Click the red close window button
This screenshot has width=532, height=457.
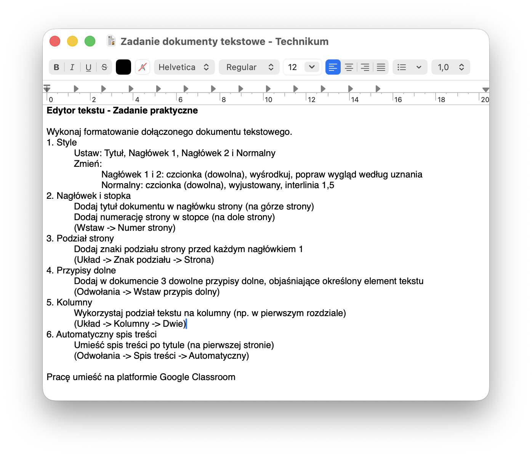pos(55,41)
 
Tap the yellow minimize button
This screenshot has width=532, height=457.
pos(72,41)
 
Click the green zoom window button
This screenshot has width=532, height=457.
pos(90,41)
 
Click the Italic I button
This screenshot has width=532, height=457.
pos(72,67)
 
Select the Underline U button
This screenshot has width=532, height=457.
pos(88,67)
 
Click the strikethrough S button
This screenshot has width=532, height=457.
pos(104,67)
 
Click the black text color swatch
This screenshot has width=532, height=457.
pos(123,67)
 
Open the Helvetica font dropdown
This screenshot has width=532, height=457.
pos(184,67)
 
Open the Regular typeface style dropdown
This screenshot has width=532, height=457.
pos(249,67)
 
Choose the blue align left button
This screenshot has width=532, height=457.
pos(333,67)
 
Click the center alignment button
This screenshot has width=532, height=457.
pos(349,67)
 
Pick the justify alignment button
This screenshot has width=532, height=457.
pos(381,67)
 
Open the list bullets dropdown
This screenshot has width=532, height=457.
pos(410,67)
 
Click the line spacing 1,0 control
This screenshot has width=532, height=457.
pos(451,67)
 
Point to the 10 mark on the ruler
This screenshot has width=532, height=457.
pos(268,100)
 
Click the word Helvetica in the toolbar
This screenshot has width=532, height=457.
pos(177,67)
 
